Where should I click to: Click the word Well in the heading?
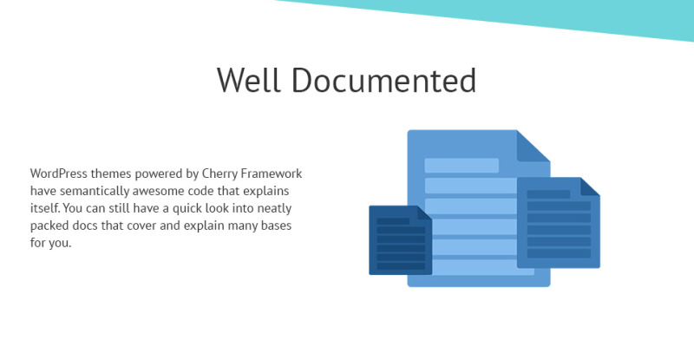point(249,80)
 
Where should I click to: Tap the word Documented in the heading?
point(383,80)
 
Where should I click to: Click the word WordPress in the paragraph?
point(59,173)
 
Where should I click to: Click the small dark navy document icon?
point(400,240)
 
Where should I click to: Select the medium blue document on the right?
point(558,223)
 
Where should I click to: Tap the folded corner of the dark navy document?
point(425,213)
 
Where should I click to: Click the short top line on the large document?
point(462,165)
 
